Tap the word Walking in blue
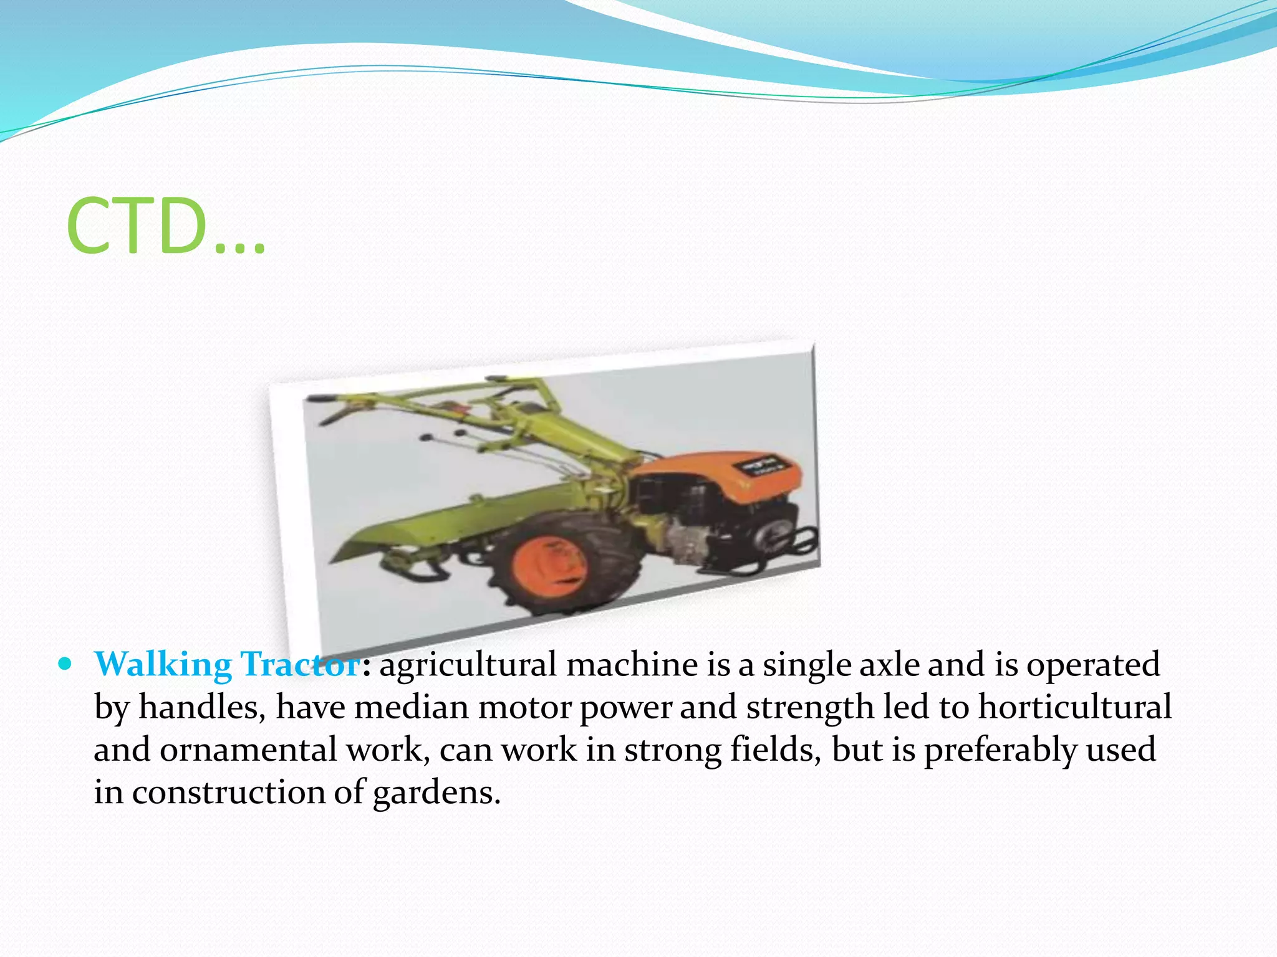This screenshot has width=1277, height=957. click(x=163, y=665)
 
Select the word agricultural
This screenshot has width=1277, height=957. click(x=468, y=665)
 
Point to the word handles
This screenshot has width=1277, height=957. click(x=202, y=708)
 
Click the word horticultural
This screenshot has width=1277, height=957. click(x=1074, y=708)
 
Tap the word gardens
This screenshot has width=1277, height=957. click(x=436, y=793)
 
